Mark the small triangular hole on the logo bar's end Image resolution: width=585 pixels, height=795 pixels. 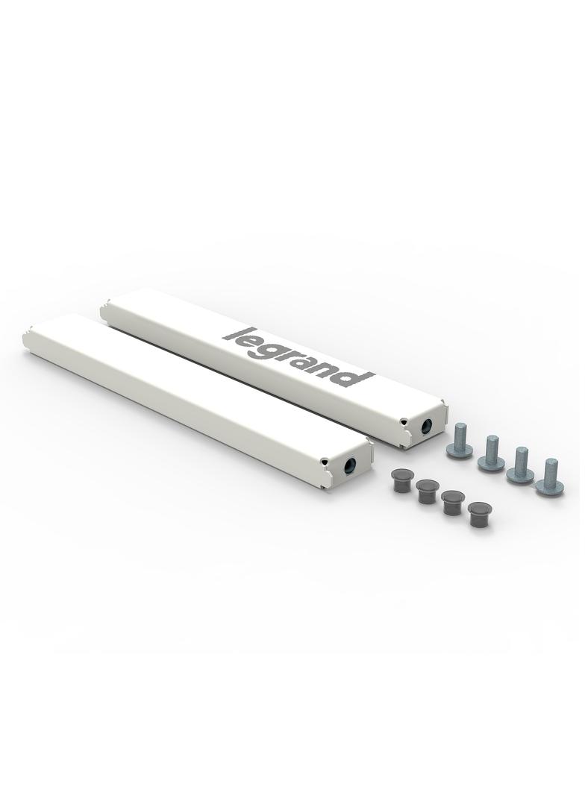[404, 421]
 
